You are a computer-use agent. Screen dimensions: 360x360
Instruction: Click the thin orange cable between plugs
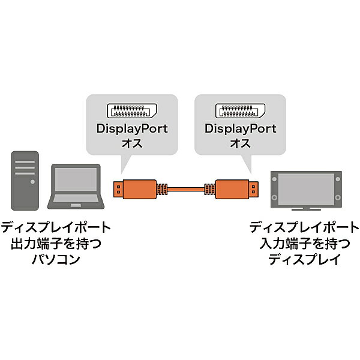point(185,190)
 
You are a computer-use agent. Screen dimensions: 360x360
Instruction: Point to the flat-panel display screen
point(306,187)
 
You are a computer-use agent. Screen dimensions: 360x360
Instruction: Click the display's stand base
point(306,209)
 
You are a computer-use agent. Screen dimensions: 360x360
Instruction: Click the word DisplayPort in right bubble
point(240,129)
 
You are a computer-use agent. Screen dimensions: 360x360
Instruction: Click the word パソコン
point(56,260)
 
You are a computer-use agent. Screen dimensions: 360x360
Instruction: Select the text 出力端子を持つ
point(56,244)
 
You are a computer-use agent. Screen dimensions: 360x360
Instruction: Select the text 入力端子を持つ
point(304,244)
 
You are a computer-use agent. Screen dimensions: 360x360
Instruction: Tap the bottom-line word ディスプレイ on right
point(304,260)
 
